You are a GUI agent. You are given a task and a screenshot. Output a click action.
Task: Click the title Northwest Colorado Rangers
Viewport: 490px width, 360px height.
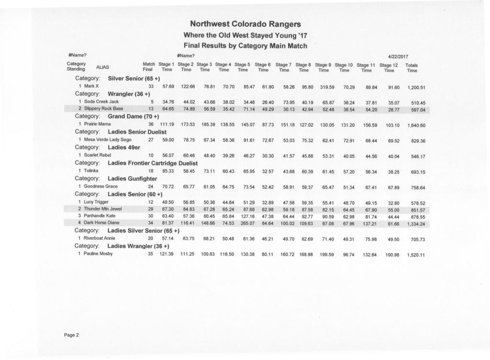point(245,24)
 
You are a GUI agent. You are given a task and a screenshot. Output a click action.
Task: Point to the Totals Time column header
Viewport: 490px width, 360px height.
point(411,67)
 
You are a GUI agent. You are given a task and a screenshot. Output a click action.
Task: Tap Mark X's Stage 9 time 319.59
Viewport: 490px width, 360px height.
point(327,87)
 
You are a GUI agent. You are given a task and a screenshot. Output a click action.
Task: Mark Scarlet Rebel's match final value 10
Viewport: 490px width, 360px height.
point(151,156)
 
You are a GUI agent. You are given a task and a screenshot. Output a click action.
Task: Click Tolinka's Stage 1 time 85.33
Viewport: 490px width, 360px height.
point(167,170)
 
